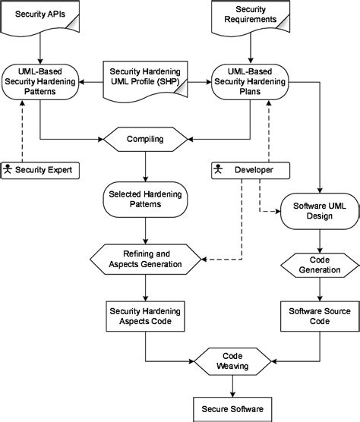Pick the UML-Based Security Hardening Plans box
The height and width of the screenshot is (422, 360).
pyautogui.click(x=251, y=80)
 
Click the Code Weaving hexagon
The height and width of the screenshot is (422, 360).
pyautogui.click(x=232, y=361)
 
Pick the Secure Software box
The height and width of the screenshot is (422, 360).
pyautogui.click(x=232, y=409)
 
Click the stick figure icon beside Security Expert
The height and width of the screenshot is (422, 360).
pyautogui.click(x=8, y=169)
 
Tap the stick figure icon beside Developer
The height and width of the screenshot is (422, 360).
pyautogui.click(x=217, y=169)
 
